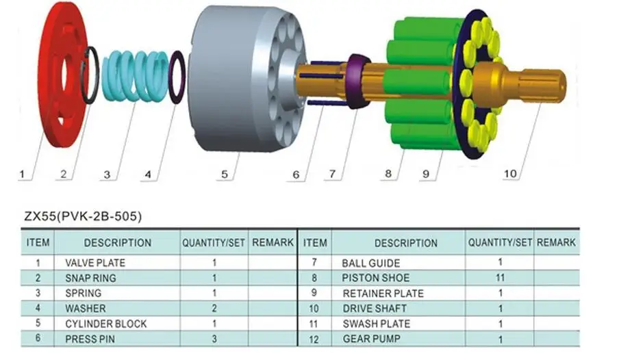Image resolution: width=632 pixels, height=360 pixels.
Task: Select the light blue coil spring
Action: click(136, 76)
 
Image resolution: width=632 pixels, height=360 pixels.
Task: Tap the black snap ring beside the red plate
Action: click(90, 75)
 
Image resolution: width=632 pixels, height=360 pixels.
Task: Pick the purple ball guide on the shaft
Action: click(358, 81)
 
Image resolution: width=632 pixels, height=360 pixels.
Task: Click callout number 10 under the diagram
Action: click(510, 174)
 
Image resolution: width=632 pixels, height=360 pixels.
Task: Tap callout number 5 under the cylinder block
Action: click(225, 175)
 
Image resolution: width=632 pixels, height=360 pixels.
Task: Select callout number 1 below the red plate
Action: click(22, 175)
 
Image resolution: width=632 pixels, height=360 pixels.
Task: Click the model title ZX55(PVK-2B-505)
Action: click(83, 216)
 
